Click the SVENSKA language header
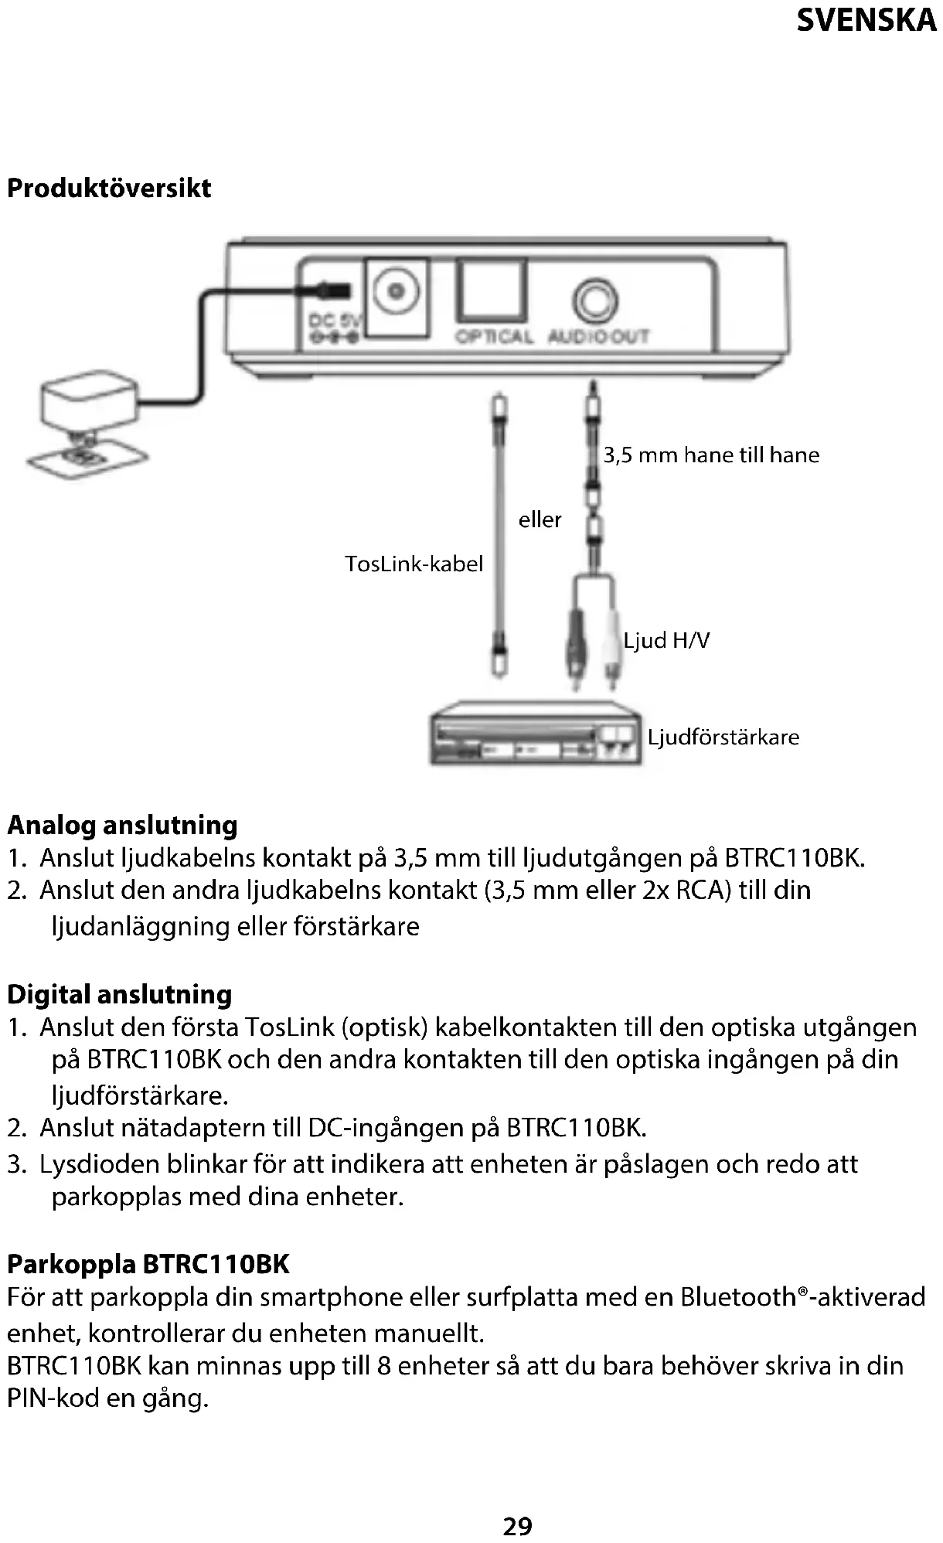pos(866,20)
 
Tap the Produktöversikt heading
pos(109,189)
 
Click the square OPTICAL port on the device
pos(492,291)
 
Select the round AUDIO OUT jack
pos(595,299)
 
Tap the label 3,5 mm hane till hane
pos(711,455)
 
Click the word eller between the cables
pos(540,519)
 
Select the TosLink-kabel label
pos(414,564)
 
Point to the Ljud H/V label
pos(666,640)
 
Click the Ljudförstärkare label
pos(723,737)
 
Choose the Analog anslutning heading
pos(122,826)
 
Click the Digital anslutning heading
pos(119,994)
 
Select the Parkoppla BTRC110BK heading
pos(148,1264)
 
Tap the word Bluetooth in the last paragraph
pos(737,1297)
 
